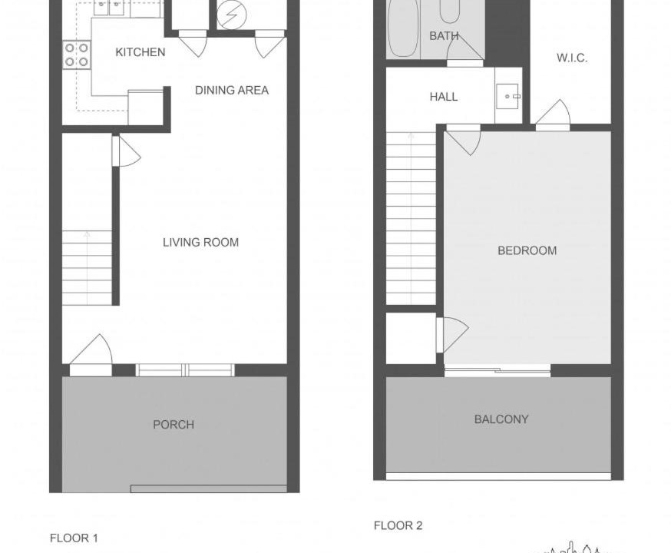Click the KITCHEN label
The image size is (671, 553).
[140, 52]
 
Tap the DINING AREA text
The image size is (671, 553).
[232, 91]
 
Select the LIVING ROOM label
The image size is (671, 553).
[200, 242]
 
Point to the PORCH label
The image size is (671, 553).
[174, 425]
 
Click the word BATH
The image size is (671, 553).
[445, 36]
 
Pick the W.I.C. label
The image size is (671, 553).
[572, 58]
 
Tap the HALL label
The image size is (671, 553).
[444, 97]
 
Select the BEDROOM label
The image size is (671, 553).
[527, 250]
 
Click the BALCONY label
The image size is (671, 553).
[501, 419]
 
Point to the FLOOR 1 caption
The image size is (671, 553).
[74, 538]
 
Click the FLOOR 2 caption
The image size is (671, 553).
[398, 525]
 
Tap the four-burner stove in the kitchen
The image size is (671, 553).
[77, 55]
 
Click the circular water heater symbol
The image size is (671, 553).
[232, 15]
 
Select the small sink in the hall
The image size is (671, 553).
[508, 96]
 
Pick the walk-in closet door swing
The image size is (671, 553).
[553, 114]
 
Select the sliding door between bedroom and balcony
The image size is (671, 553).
[497, 370]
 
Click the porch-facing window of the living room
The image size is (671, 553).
[185, 370]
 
